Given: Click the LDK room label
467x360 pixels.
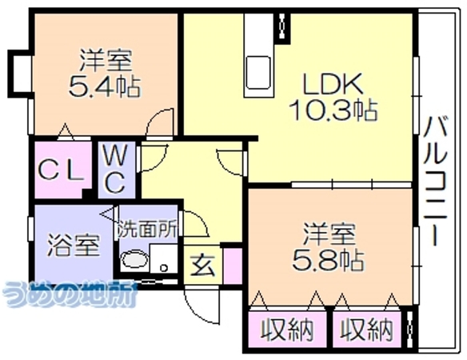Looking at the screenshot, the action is click(333, 83).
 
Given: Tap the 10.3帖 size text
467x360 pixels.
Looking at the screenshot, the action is click(333, 110).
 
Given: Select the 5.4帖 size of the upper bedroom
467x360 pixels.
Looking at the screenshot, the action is click(105, 86).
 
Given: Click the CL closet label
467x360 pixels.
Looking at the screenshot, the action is click(61, 171).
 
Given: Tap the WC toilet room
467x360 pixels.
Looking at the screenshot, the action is click(117, 169).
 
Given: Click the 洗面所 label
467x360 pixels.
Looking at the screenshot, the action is click(148, 230).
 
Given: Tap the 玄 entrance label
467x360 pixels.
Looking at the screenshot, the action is click(203, 266).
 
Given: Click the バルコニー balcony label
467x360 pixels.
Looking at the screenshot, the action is click(437, 182).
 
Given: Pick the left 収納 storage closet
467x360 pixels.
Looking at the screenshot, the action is click(287, 330).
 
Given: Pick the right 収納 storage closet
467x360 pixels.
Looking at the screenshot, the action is click(366, 330).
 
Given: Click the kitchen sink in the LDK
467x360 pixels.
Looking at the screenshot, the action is click(258, 73).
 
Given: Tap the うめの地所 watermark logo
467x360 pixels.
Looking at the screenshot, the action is click(70, 294).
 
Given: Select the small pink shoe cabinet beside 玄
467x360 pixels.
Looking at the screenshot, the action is click(233, 266).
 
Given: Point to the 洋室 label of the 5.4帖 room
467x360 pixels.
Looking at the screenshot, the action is click(106, 61).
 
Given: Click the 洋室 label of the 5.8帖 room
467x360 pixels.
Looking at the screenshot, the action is click(329, 234).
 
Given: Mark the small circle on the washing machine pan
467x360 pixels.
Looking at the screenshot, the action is click(163, 268).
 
